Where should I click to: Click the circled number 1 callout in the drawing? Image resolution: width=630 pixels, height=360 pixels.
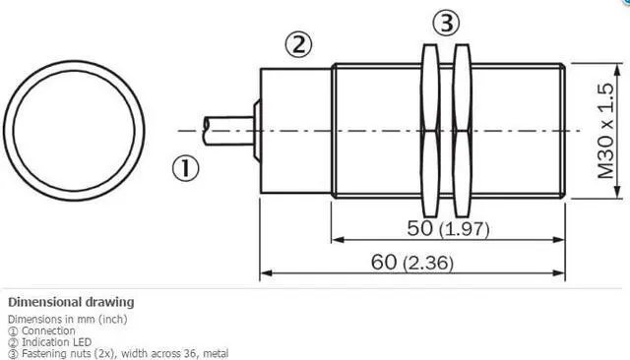pos(186,168)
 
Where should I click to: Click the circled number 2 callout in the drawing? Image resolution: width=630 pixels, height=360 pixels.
pos(298,44)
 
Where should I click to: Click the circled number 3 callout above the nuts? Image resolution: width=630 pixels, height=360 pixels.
pos(446,23)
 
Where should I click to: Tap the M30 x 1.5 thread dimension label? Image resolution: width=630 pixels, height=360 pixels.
pos(606,131)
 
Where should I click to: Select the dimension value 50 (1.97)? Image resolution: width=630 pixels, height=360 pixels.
pos(449,229)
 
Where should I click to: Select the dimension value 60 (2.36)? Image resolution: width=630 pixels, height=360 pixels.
pos(412,263)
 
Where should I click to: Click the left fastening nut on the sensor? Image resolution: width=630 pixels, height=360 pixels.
pos(430,131)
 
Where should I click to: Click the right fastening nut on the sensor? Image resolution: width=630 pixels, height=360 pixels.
pos(462,131)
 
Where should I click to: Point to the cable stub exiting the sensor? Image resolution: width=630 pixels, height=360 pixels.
pos(228,131)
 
